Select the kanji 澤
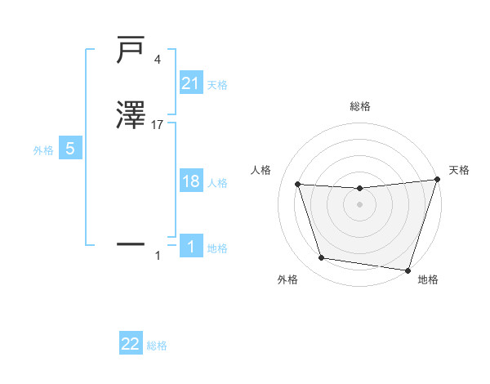(x=131, y=115)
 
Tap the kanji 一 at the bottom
(x=131, y=243)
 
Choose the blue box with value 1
(x=190, y=246)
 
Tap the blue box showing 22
(x=131, y=344)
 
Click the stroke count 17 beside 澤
(x=158, y=125)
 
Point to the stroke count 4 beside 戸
(x=157, y=59)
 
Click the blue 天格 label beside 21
(x=217, y=85)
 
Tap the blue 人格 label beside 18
(x=217, y=184)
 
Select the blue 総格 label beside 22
(x=157, y=346)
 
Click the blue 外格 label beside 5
(x=43, y=151)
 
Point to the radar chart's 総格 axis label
(x=360, y=106)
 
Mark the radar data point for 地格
(x=408, y=270)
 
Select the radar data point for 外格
(x=322, y=258)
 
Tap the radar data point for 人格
(x=298, y=185)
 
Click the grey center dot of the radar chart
(x=360, y=205)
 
